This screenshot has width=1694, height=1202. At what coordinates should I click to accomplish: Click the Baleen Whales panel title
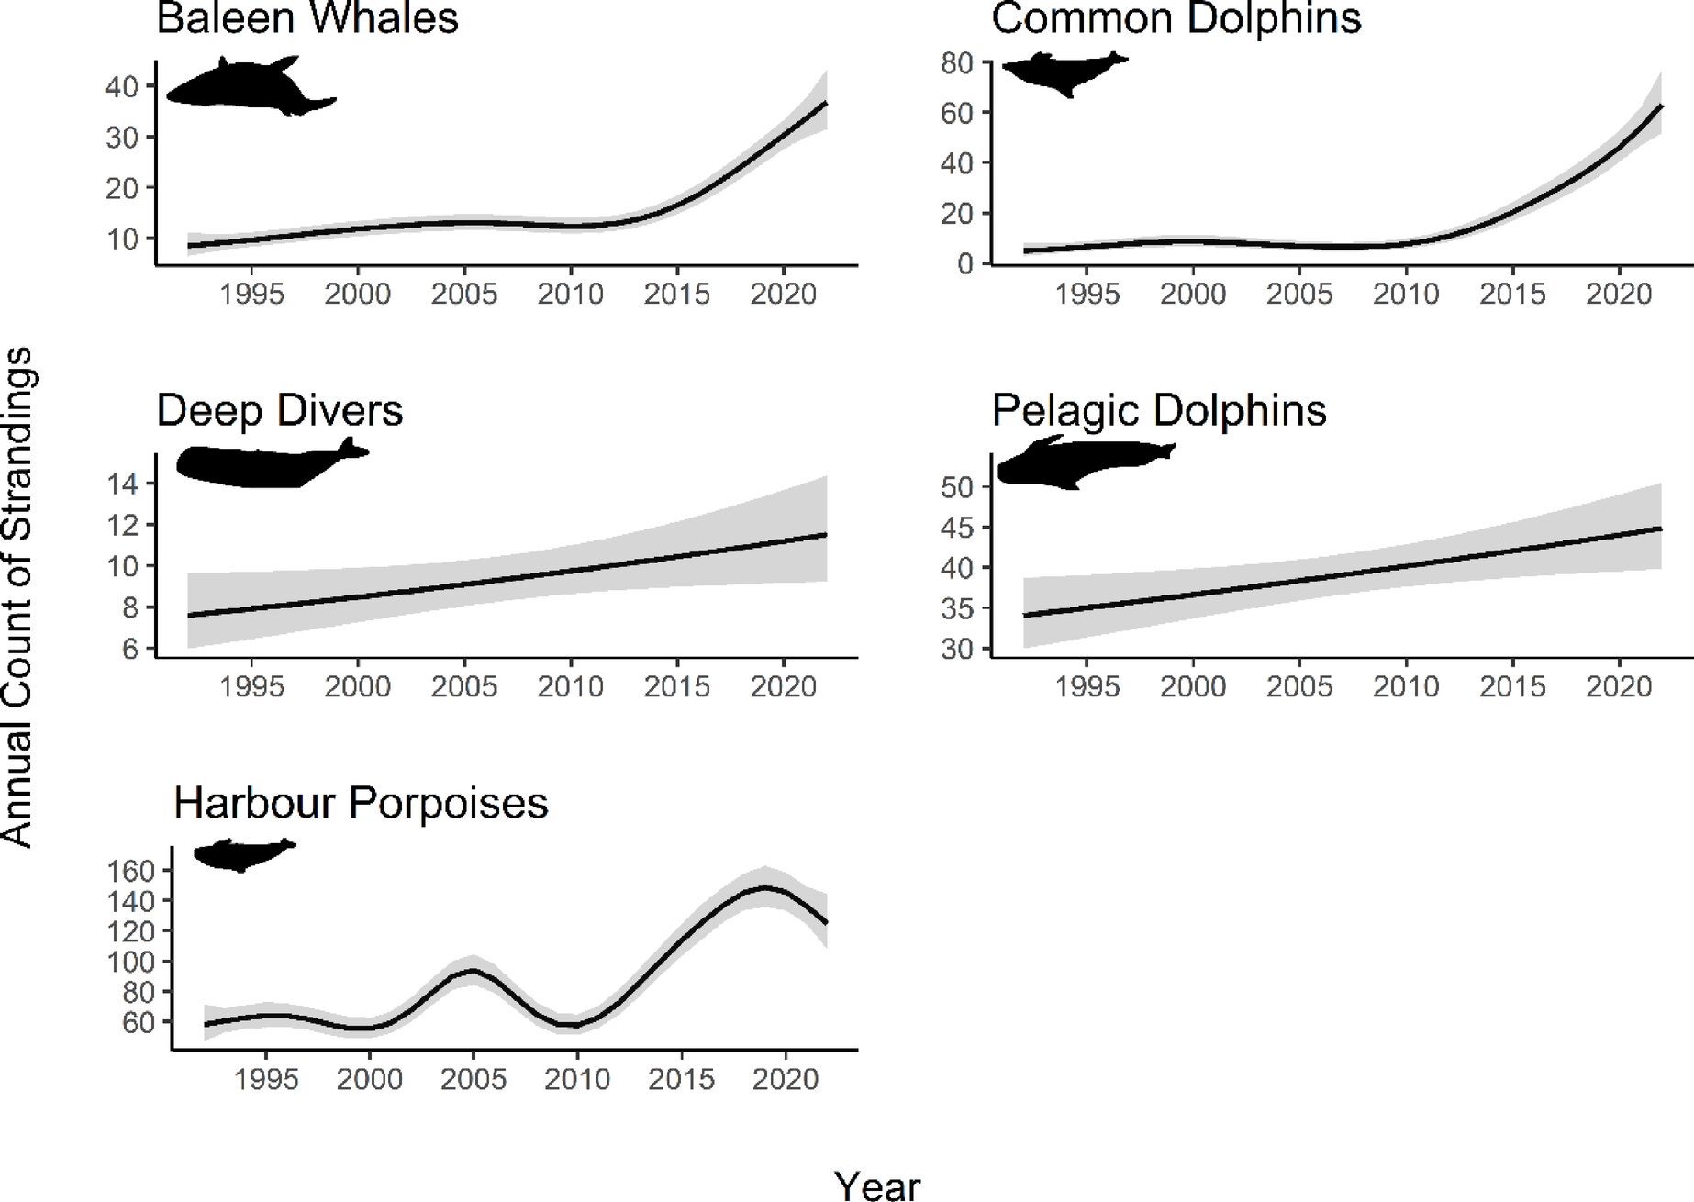[x=307, y=18]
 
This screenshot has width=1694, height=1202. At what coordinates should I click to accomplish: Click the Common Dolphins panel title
[x=1176, y=18]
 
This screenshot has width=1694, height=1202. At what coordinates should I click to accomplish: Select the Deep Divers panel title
[x=280, y=411]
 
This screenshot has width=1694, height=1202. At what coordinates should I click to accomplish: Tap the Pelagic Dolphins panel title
[x=1159, y=411]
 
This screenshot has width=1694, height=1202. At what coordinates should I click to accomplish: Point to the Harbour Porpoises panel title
[x=361, y=803]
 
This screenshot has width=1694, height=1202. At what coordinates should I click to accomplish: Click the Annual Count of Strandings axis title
[x=18, y=597]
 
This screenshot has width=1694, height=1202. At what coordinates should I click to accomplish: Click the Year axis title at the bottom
[x=877, y=1185]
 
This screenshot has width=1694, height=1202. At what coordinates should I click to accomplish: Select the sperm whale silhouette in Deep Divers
[x=266, y=463]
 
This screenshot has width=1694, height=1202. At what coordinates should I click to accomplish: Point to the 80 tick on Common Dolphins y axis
[x=959, y=63]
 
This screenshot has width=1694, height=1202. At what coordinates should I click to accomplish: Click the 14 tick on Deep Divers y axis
[x=122, y=484]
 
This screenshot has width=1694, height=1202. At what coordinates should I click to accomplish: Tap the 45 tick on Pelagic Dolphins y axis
[x=959, y=528]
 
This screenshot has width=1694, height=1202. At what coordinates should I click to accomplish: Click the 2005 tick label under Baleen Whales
[x=464, y=295]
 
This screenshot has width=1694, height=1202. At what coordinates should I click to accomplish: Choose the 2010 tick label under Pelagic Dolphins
[x=1406, y=686]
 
